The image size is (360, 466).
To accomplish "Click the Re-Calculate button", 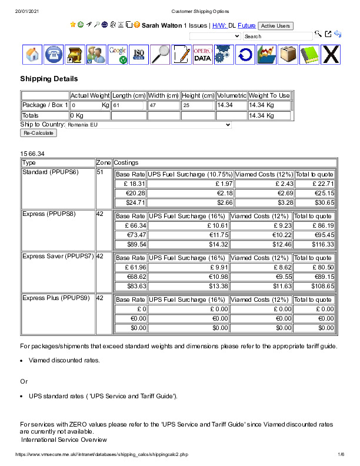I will tap(39, 133).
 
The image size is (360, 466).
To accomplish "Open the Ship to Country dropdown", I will tap(149, 125).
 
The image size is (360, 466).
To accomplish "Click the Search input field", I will tap(277, 36).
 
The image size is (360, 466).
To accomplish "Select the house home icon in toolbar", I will tap(32, 55).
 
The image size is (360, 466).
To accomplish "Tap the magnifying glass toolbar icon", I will tap(160, 55).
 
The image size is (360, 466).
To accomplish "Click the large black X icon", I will tap(331, 55).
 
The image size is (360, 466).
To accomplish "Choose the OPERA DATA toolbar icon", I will tap(202, 55).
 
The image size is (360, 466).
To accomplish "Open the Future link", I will tap(246, 26).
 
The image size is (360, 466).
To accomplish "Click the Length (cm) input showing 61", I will tap(128, 105).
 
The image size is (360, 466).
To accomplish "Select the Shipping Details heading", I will tap(49, 79).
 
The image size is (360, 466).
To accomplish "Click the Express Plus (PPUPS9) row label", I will tap(56, 298).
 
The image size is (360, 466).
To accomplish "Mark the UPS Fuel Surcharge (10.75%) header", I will tap(191, 175).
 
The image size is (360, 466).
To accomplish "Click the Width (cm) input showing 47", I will tap(164, 105).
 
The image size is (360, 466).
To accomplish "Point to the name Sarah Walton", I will tap(162, 26).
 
